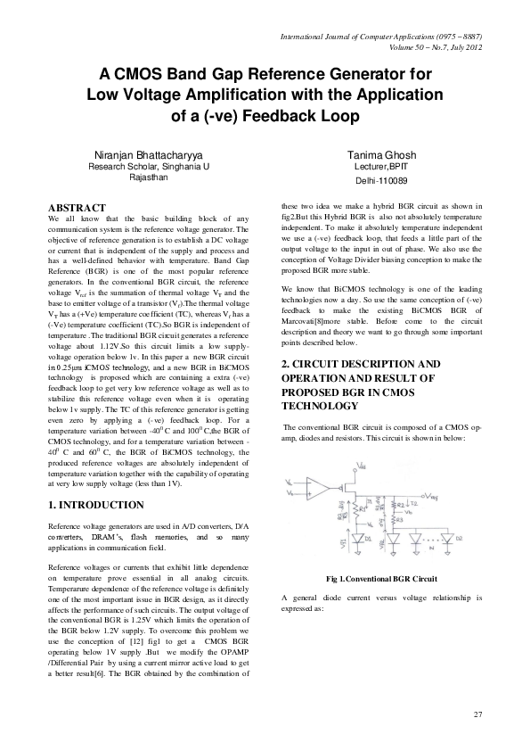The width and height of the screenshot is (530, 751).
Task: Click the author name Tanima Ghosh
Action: tap(381, 155)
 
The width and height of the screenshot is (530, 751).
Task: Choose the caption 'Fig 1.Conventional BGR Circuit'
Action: tap(381, 579)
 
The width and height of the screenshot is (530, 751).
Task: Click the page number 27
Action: tap(477, 716)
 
